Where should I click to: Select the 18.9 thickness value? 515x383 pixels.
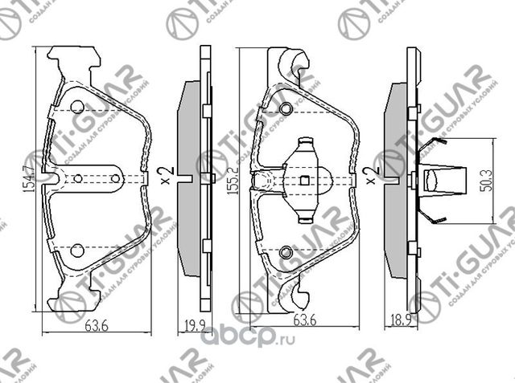tap(396, 325)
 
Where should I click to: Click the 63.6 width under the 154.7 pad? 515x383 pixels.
tap(95, 325)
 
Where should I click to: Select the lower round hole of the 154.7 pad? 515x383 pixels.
tap(77, 251)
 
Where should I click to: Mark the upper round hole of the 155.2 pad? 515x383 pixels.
tap(286, 108)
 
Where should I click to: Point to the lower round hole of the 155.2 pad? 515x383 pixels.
tap(286, 254)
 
